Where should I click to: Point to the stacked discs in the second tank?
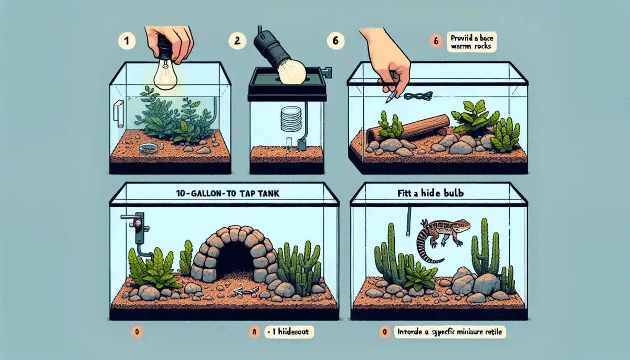287,119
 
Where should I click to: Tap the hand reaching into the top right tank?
388,60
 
